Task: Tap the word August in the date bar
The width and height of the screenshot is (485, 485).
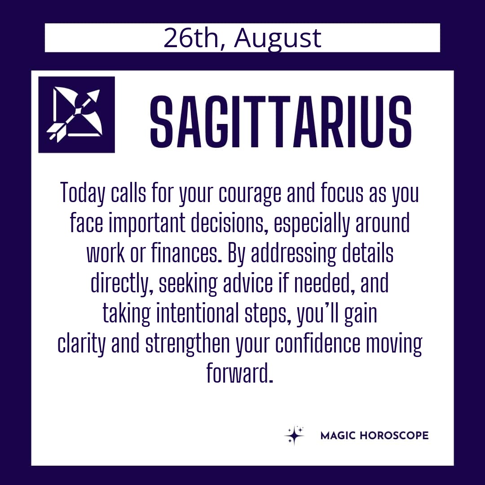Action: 278,39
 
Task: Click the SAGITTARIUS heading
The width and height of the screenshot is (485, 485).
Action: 281,121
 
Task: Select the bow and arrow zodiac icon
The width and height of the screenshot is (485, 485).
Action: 76,115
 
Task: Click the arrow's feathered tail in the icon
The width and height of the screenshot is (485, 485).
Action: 56,132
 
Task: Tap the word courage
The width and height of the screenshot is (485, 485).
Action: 250,194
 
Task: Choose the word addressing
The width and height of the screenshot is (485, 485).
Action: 293,254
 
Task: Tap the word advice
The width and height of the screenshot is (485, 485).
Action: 248,283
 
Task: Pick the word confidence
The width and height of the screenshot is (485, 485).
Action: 317,343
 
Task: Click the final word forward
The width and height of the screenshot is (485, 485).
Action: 240,373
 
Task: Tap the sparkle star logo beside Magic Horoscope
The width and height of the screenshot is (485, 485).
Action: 294,435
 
